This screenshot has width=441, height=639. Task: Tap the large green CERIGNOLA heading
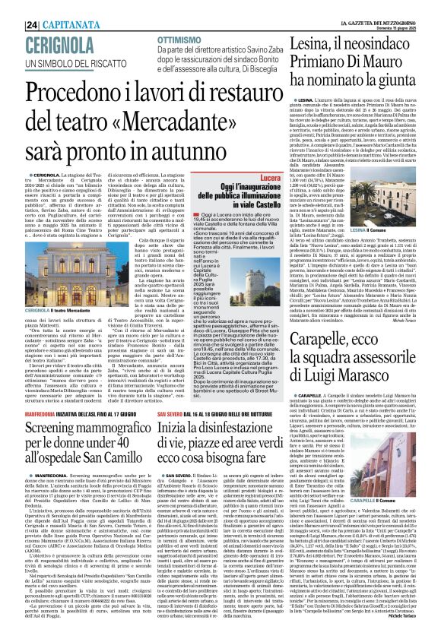(x=46, y=22)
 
